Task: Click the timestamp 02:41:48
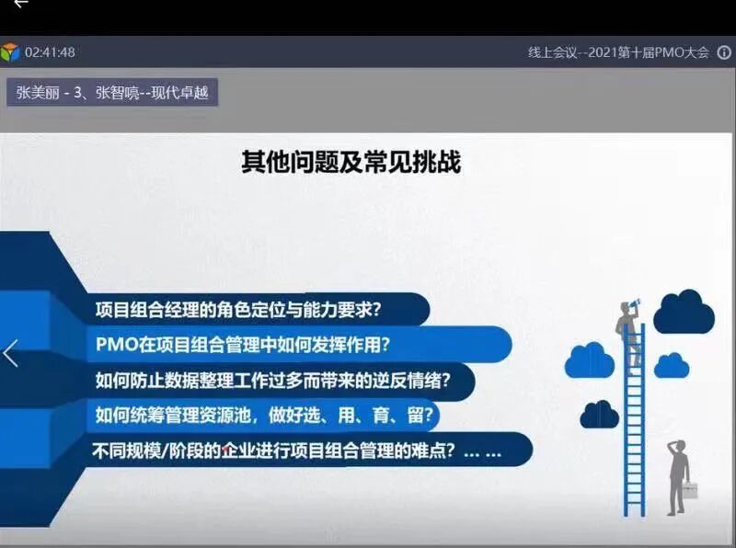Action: [x=50, y=52]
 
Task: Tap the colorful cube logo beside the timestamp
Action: [x=11, y=52]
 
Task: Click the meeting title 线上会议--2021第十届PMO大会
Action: [x=618, y=52]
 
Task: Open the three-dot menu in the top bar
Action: [x=725, y=52]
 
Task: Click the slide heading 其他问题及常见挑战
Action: [x=351, y=163]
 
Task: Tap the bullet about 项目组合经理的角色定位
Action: [x=239, y=310]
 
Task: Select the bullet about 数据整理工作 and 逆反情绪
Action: [x=271, y=379]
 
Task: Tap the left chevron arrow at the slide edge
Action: [x=11, y=353]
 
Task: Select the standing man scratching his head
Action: [x=678, y=474]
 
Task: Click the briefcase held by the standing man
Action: [x=689, y=490]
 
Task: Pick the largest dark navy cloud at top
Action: [x=684, y=313]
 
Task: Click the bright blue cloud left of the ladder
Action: [x=590, y=360]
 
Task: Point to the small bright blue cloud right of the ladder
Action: [x=671, y=365]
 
